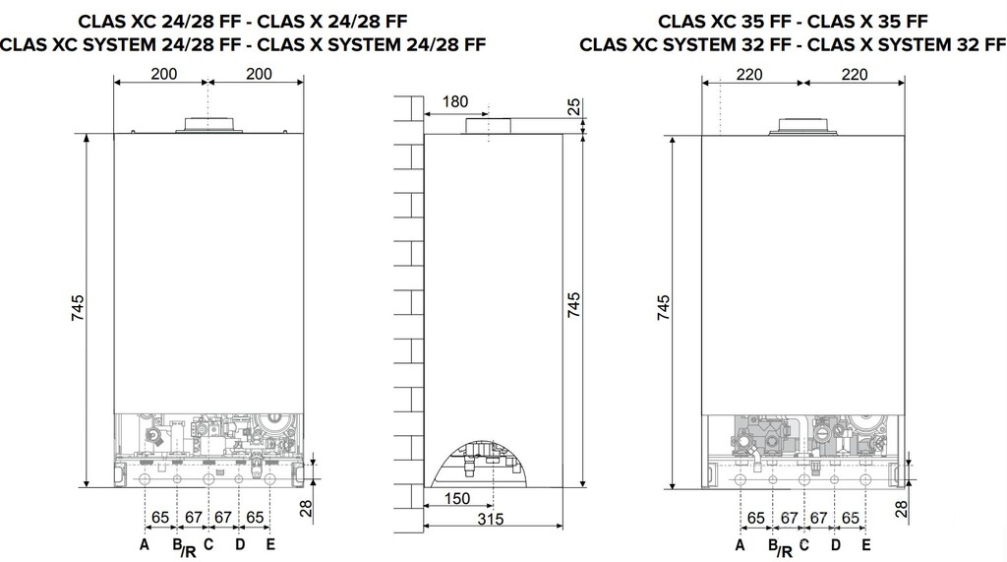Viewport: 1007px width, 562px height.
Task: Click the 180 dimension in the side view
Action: tap(455, 101)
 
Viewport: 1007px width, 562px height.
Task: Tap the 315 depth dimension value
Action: tap(490, 519)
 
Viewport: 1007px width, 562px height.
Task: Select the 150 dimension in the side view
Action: tap(456, 498)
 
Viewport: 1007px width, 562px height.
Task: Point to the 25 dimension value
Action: tap(574, 106)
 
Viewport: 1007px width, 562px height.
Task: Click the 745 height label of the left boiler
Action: tap(78, 308)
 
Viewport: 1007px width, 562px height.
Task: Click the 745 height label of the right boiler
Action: tap(664, 307)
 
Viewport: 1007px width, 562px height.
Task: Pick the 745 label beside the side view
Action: tap(573, 305)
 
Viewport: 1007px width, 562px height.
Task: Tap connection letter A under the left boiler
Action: tap(145, 544)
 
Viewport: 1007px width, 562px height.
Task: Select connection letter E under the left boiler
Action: tap(270, 544)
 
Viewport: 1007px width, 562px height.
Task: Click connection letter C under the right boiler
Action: tap(804, 546)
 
